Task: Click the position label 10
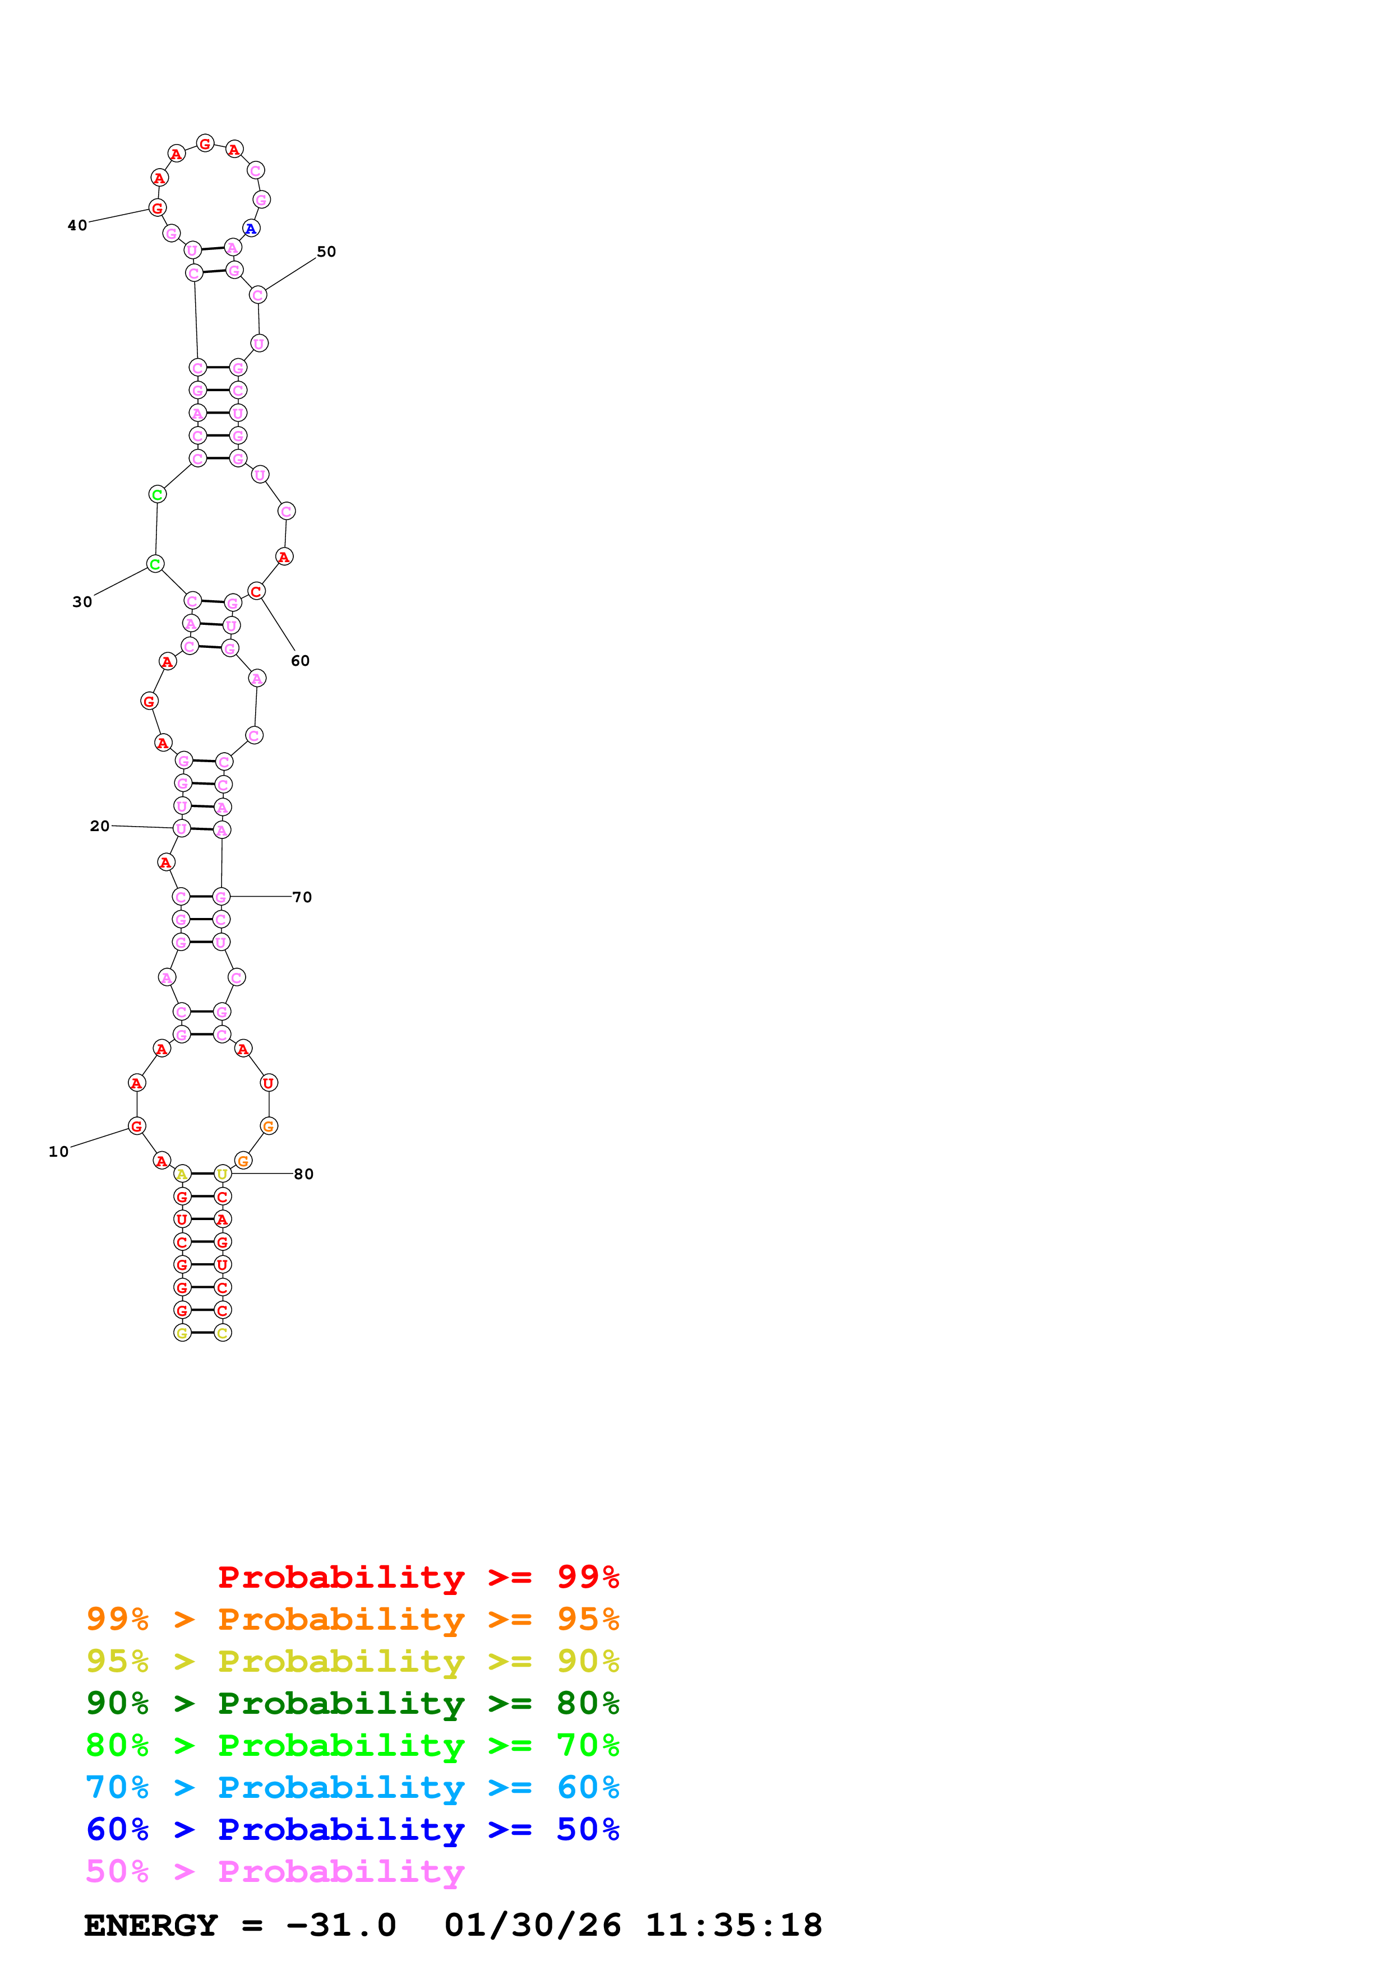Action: (58, 1152)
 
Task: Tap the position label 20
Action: (99, 826)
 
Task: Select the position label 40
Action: (77, 225)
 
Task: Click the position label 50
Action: (326, 252)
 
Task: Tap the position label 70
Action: (302, 897)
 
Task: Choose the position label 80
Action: (303, 1174)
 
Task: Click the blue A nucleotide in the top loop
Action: (250, 229)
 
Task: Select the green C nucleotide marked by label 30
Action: (155, 564)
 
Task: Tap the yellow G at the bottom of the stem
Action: (182, 1333)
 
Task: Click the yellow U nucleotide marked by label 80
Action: (223, 1174)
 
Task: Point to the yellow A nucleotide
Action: (182, 1174)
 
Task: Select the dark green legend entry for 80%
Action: (352, 1703)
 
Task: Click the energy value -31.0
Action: (341, 1925)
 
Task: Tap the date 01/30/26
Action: (533, 1925)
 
